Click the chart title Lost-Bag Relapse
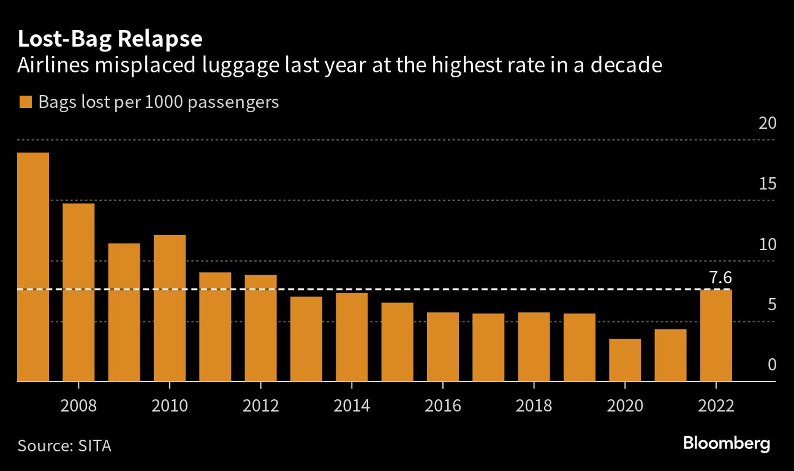point(110,39)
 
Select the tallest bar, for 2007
point(33,267)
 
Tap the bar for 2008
point(78,292)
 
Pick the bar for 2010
point(170,308)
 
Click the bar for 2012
point(260,328)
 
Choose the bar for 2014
point(352,337)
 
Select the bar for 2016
point(443,347)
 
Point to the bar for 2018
point(534,347)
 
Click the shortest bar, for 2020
point(625,360)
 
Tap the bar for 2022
point(716,335)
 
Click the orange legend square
point(25,102)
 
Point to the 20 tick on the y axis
point(767,123)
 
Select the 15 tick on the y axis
point(767,184)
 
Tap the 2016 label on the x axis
point(443,406)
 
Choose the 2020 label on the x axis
point(625,406)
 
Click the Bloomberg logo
point(726,443)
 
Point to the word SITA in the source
point(95,445)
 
